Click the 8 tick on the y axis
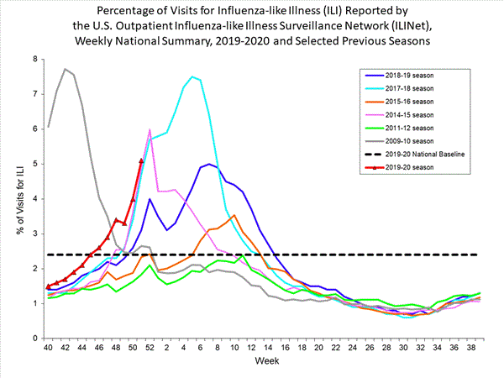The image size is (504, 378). tap(34, 60)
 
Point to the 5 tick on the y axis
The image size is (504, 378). tap(34, 164)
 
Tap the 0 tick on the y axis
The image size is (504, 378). tap(34, 338)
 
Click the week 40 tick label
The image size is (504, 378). tap(48, 347)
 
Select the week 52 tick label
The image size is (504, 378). tap(149, 347)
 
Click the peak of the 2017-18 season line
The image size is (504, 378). tap(192, 76)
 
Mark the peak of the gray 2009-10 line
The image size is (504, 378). tap(66, 69)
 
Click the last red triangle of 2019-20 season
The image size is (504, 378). tap(141, 160)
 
